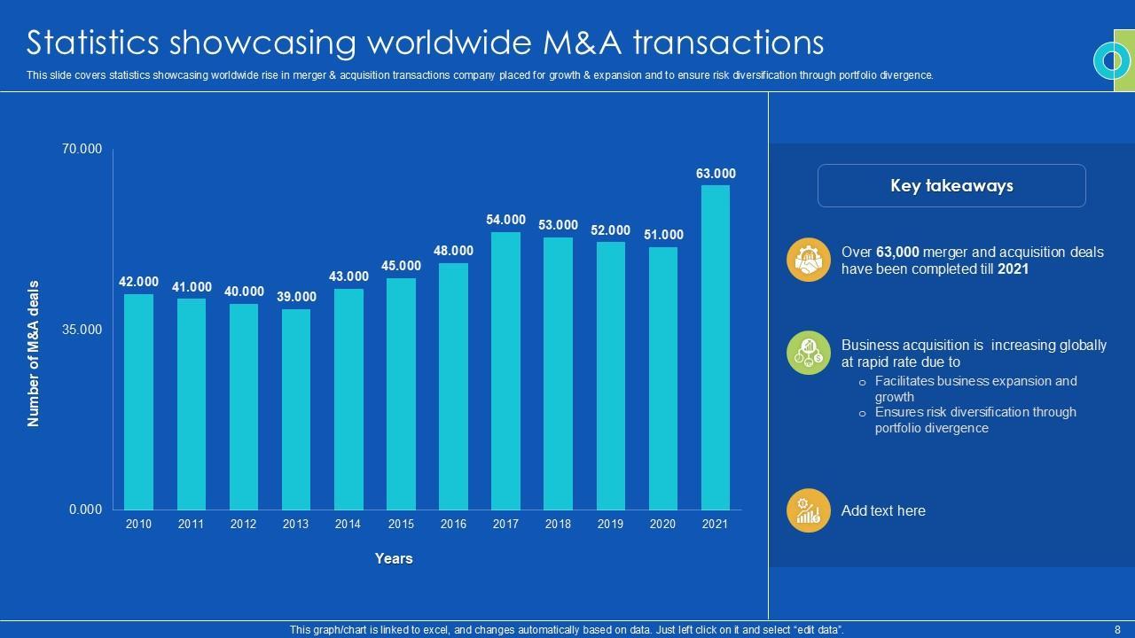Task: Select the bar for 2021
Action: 716,347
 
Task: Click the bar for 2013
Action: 296,409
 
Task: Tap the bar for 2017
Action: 505,370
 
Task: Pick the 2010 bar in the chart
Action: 138,401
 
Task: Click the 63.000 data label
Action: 716,174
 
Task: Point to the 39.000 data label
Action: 296,297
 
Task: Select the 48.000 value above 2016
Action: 453,251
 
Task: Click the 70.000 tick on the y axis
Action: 82,149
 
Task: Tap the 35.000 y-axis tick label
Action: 82,329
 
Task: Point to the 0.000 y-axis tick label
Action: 86,510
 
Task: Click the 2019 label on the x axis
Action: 610,524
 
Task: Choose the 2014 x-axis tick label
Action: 348,524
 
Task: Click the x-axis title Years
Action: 394,558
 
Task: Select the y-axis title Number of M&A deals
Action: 34,354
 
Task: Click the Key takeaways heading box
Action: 951,186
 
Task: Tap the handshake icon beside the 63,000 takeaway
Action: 808,261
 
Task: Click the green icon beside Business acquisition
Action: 808,353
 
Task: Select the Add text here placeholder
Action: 883,510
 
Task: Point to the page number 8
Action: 1117,629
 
